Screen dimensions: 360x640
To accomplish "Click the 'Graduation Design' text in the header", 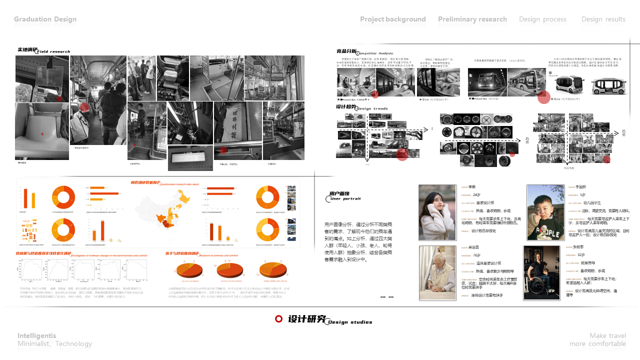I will [45, 19].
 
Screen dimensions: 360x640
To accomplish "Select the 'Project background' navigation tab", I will [393, 19].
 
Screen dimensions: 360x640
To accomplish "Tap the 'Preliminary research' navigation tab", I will [472, 19].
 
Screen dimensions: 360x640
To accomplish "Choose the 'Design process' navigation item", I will [542, 19].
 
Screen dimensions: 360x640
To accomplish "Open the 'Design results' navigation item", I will [603, 19].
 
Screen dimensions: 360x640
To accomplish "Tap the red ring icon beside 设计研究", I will [279, 319].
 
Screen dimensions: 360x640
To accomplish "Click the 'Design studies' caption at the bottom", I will [350, 322].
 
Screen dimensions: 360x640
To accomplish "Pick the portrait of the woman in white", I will [437, 212].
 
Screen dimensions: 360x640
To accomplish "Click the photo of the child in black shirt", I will [545, 212].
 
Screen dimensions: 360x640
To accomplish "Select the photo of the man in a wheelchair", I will [542, 272].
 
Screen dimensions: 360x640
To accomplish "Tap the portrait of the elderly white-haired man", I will [437, 272].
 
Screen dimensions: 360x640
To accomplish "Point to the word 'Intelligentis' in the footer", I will [37, 335].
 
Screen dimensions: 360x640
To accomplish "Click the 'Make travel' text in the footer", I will [607, 335].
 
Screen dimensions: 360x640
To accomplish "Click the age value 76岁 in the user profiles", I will [476, 255].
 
